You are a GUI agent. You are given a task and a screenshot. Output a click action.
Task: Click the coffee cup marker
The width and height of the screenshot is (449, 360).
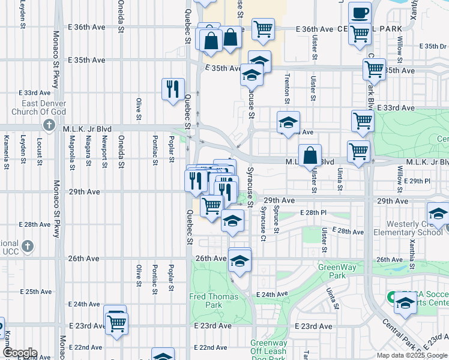[360, 13]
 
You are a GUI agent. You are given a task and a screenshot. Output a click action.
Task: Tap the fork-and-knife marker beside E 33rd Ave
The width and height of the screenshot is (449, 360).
[173, 89]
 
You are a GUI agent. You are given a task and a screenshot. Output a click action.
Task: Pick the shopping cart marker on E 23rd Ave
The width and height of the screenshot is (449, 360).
[116, 323]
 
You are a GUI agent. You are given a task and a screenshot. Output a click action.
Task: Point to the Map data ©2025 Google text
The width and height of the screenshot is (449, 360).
[412, 355]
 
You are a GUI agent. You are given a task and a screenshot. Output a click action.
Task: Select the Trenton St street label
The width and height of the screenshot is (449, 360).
[288, 88]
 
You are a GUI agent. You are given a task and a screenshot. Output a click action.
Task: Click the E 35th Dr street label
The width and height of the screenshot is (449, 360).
[433, 46]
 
